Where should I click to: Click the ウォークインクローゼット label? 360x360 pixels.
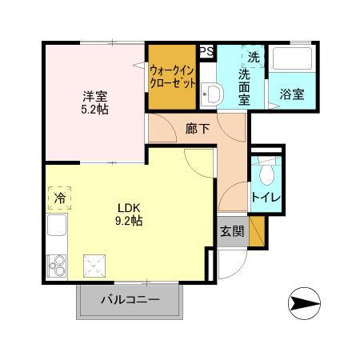pyautogui.click(x=172, y=76)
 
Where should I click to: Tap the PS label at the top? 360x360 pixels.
pyautogui.click(x=206, y=52)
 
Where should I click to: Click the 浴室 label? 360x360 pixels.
pyautogui.click(x=291, y=94)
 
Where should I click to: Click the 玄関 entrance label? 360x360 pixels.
pyautogui.click(x=231, y=232)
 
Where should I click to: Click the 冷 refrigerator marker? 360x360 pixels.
pyautogui.click(x=59, y=196)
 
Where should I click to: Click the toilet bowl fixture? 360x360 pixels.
pyautogui.click(x=266, y=171)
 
